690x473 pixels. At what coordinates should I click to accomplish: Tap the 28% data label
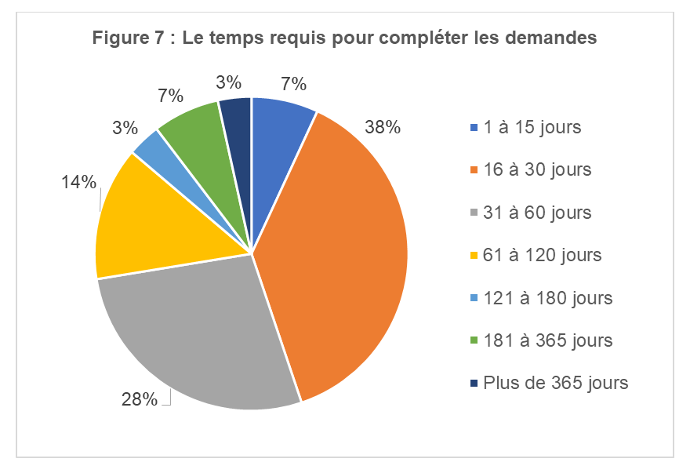139,399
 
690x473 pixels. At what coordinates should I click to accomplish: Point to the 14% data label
78,183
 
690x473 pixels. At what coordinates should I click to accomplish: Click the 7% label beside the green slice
170,96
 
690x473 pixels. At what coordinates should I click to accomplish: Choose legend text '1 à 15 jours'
532,127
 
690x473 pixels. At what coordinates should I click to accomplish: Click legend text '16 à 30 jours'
537,169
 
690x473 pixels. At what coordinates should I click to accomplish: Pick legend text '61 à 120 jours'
543,255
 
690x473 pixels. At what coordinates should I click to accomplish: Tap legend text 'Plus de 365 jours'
556,383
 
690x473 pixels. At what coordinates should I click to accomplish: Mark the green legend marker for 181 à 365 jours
473,341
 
